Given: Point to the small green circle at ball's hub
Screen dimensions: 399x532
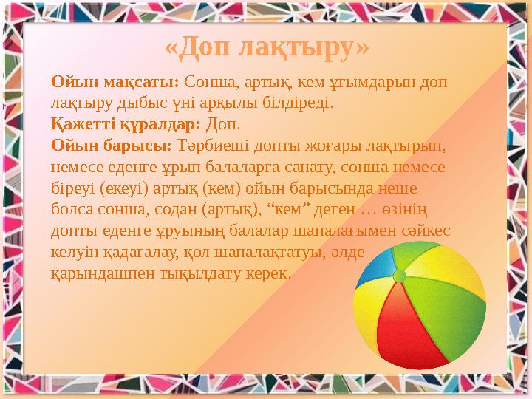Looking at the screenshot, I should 400,276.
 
